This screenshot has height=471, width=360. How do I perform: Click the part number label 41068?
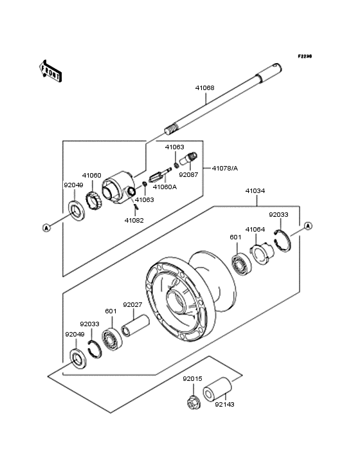pyautogui.click(x=205, y=88)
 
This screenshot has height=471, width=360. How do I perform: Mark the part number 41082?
pyautogui.click(x=134, y=220)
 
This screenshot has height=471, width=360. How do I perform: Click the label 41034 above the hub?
pyautogui.click(x=255, y=190)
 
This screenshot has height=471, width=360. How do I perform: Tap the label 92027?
pyautogui.click(x=132, y=304)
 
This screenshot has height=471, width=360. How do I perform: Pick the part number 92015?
pyautogui.click(x=192, y=379)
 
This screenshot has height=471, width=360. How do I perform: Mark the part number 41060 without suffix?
pyautogui.click(x=91, y=175)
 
